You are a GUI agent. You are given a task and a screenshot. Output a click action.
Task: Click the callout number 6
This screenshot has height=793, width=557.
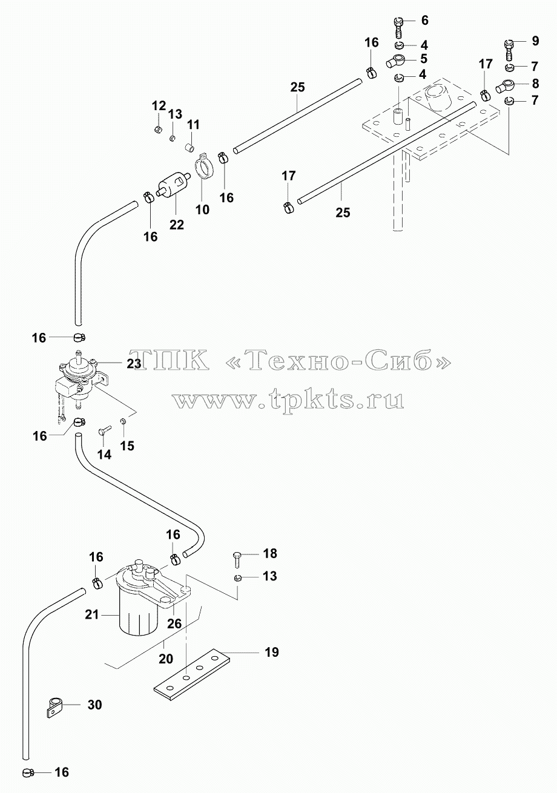[x=424, y=21]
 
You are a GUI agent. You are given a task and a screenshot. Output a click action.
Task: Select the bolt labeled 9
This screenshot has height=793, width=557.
[x=509, y=51]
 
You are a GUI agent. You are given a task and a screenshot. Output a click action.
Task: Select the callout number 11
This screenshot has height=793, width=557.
[x=193, y=125]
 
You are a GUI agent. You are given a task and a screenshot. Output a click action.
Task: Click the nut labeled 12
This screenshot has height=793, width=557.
[x=158, y=130]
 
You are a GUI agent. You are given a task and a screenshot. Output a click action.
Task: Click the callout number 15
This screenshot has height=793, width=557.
[x=127, y=446]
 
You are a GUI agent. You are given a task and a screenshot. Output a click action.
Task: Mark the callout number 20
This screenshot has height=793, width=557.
[x=165, y=659]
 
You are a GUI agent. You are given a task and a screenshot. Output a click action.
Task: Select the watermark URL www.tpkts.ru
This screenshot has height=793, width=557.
[x=288, y=400]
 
